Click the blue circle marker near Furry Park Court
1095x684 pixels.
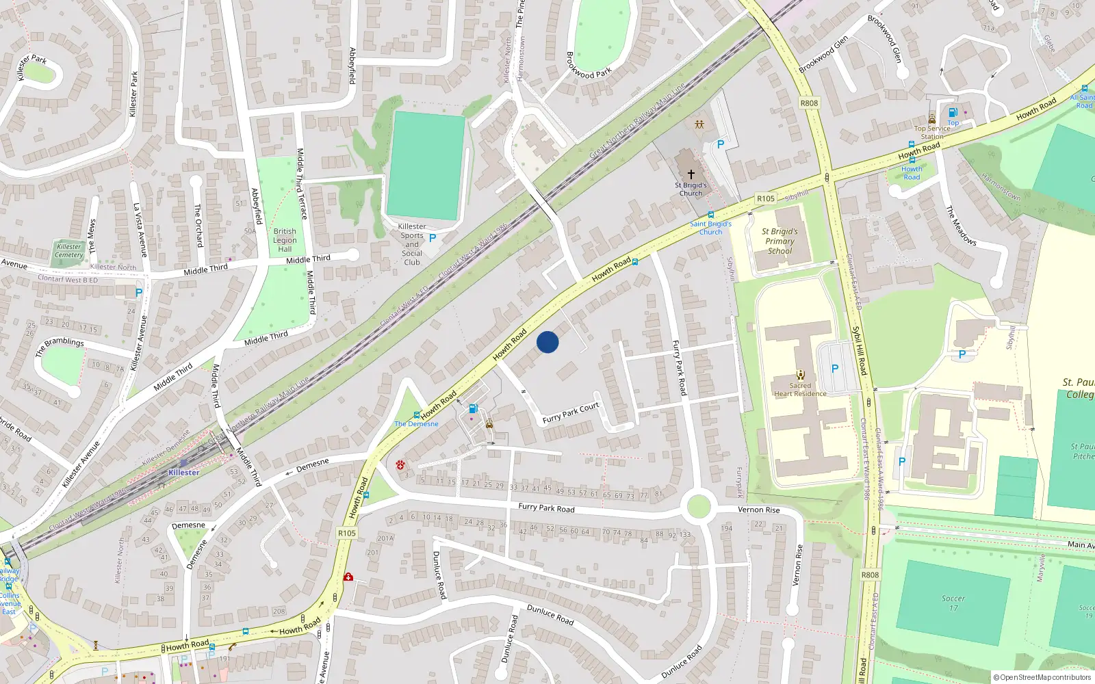(x=547, y=342)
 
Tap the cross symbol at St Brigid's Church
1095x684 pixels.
(x=691, y=175)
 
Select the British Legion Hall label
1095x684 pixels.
(x=285, y=240)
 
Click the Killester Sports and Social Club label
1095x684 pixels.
(x=412, y=244)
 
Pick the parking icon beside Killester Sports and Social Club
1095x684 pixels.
(x=433, y=238)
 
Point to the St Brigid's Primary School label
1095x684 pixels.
(x=780, y=241)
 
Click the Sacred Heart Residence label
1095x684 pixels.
(x=800, y=389)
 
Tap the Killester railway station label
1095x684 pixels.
(x=184, y=472)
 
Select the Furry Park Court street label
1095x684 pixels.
(x=571, y=413)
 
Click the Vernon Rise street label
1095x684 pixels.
(x=758, y=510)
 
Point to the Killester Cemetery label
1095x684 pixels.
(x=68, y=250)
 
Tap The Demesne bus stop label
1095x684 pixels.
(x=416, y=424)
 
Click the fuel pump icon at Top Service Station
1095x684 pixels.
(x=953, y=113)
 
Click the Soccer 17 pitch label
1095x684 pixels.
(x=953, y=603)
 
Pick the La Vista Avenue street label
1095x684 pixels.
(x=140, y=229)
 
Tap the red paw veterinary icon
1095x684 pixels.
(x=400, y=465)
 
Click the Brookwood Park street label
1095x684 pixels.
(x=589, y=64)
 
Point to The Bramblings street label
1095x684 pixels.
(x=60, y=346)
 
